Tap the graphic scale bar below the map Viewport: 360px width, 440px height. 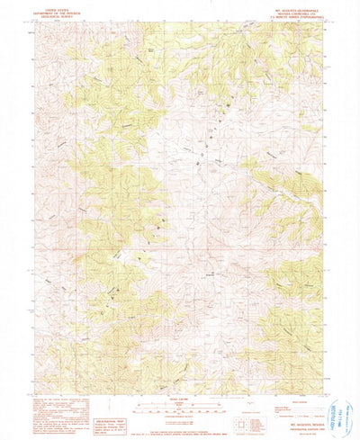pyautogui.click(x=180, y=408)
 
